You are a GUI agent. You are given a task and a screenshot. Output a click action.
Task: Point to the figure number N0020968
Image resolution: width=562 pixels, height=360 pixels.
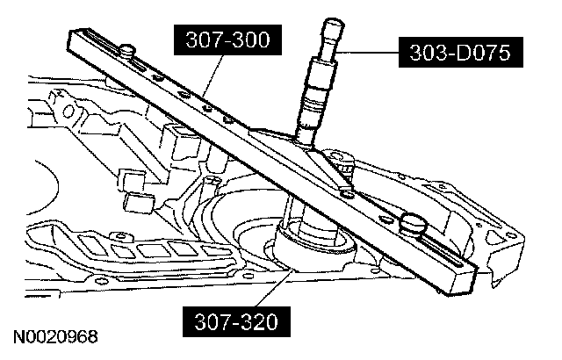[x=54, y=336]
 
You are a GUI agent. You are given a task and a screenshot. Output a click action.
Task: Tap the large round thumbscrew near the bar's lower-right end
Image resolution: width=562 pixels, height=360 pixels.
[x=413, y=223]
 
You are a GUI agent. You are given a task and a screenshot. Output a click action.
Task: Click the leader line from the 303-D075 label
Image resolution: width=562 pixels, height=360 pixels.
[x=369, y=53]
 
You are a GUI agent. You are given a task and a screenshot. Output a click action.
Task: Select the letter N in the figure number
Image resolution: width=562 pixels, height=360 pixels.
[x=18, y=336]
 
